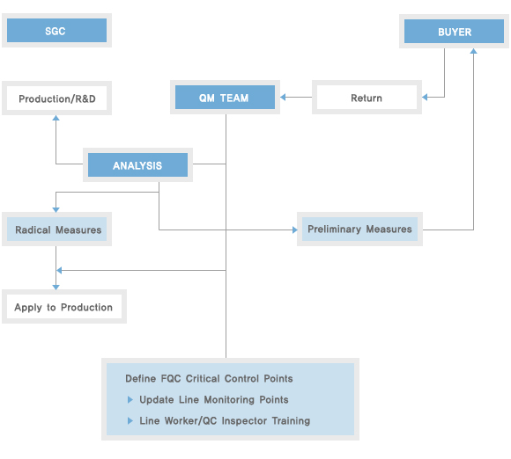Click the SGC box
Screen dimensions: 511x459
tap(56, 30)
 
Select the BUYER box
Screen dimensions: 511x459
tap(454, 32)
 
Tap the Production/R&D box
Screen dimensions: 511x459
tap(56, 98)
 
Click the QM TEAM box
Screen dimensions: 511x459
tap(225, 98)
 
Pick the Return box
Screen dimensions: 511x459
tap(367, 98)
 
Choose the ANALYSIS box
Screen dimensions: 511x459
tap(137, 165)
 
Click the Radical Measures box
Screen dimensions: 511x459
tap(56, 229)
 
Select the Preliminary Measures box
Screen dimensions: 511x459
tap(359, 229)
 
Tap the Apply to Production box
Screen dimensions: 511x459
tap(64, 306)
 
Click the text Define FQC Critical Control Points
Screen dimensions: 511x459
tap(209, 379)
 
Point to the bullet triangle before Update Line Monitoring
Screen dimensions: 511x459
tap(130, 399)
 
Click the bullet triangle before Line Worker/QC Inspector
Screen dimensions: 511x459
tap(130, 420)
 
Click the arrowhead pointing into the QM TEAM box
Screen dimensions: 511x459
tap(283, 97)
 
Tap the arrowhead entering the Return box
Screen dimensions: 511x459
tap(425, 97)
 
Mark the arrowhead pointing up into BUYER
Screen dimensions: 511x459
tap(473, 51)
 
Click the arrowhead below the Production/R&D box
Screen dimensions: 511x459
tap(56, 118)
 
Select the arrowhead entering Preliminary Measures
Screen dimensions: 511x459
tap(295, 230)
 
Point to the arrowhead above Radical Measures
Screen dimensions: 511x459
tap(56, 210)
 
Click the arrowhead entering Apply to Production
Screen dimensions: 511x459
tap(56, 288)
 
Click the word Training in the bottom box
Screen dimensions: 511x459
tap(291, 421)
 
